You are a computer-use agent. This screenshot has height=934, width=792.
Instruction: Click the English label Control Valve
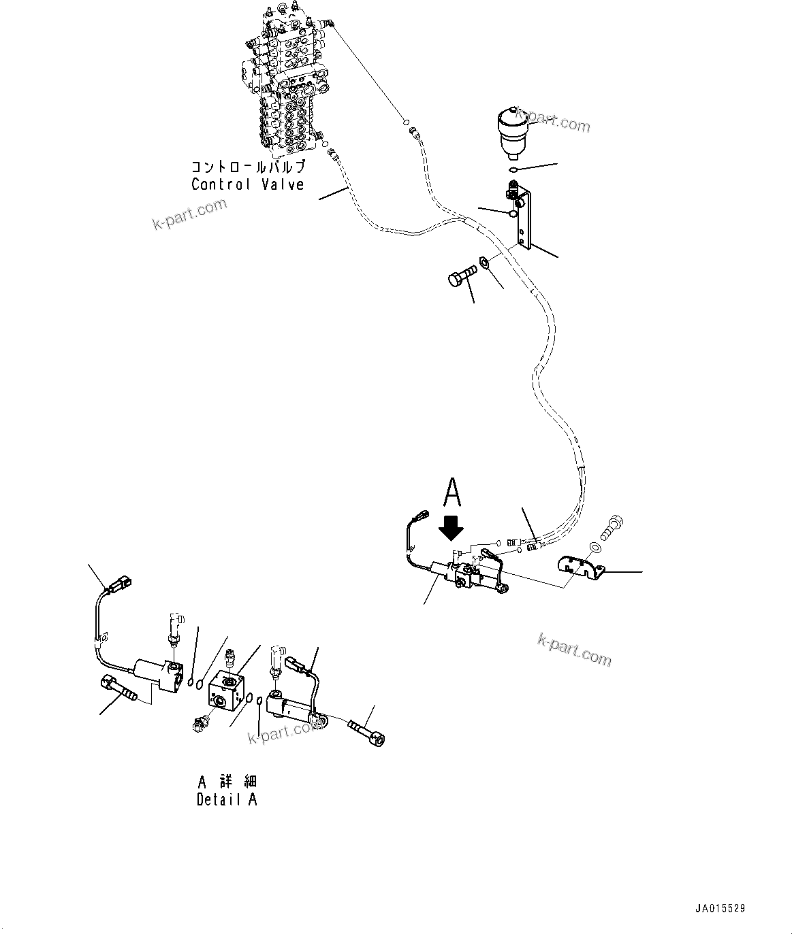247,184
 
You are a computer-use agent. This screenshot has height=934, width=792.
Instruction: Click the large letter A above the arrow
453,493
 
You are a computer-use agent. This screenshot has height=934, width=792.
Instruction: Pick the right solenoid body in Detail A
294,707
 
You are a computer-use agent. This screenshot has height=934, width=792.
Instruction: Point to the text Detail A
227,800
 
